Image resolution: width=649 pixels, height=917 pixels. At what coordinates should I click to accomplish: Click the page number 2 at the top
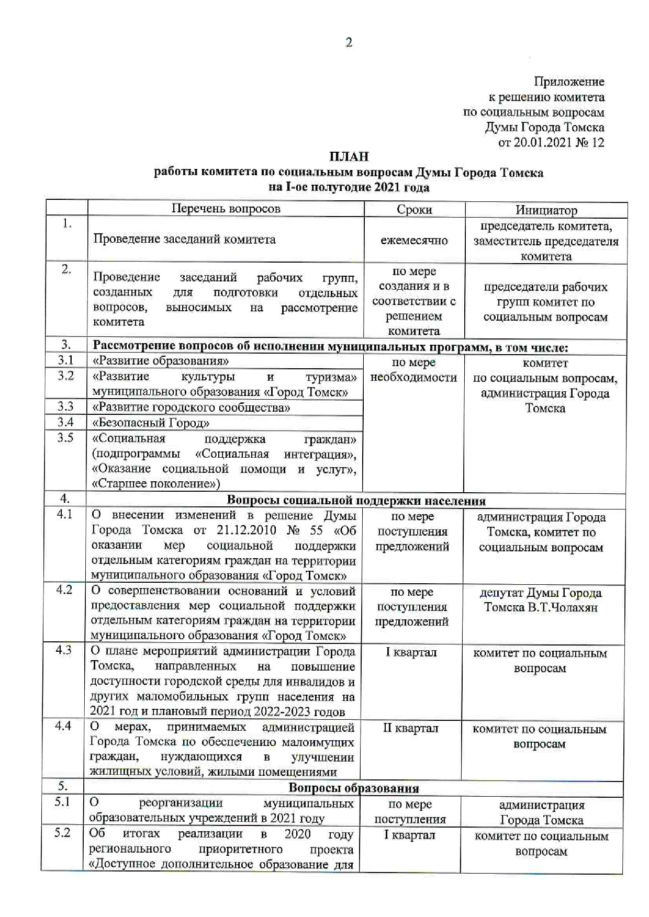(349, 43)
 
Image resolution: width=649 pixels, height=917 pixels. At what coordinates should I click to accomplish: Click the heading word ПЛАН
(349, 157)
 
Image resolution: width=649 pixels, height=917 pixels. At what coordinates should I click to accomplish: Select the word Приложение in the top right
(569, 82)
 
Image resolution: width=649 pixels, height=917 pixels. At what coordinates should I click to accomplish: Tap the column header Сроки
(414, 210)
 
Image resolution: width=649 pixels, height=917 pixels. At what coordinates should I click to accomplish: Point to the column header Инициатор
(546, 210)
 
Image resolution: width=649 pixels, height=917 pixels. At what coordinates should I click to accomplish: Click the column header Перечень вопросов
(226, 209)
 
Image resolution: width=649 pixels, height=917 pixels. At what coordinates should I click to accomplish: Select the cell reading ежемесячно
(414, 241)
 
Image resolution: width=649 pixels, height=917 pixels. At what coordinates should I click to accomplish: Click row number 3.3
(65, 406)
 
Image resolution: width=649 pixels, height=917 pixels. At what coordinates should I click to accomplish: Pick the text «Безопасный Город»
(151, 423)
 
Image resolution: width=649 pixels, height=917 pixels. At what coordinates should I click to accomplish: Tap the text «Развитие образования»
(161, 361)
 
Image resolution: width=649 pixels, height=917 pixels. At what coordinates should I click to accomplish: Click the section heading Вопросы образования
(354, 788)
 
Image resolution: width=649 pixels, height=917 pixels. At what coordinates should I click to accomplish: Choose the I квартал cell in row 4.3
(411, 652)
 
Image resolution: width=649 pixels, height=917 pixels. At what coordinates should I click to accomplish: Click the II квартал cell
(410, 728)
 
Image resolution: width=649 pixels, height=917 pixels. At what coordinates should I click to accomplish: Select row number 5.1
(62, 801)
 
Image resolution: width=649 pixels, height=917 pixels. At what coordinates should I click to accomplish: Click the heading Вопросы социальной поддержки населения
(357, 501)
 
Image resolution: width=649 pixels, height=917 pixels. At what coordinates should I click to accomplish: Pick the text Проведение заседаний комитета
(184, 240)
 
